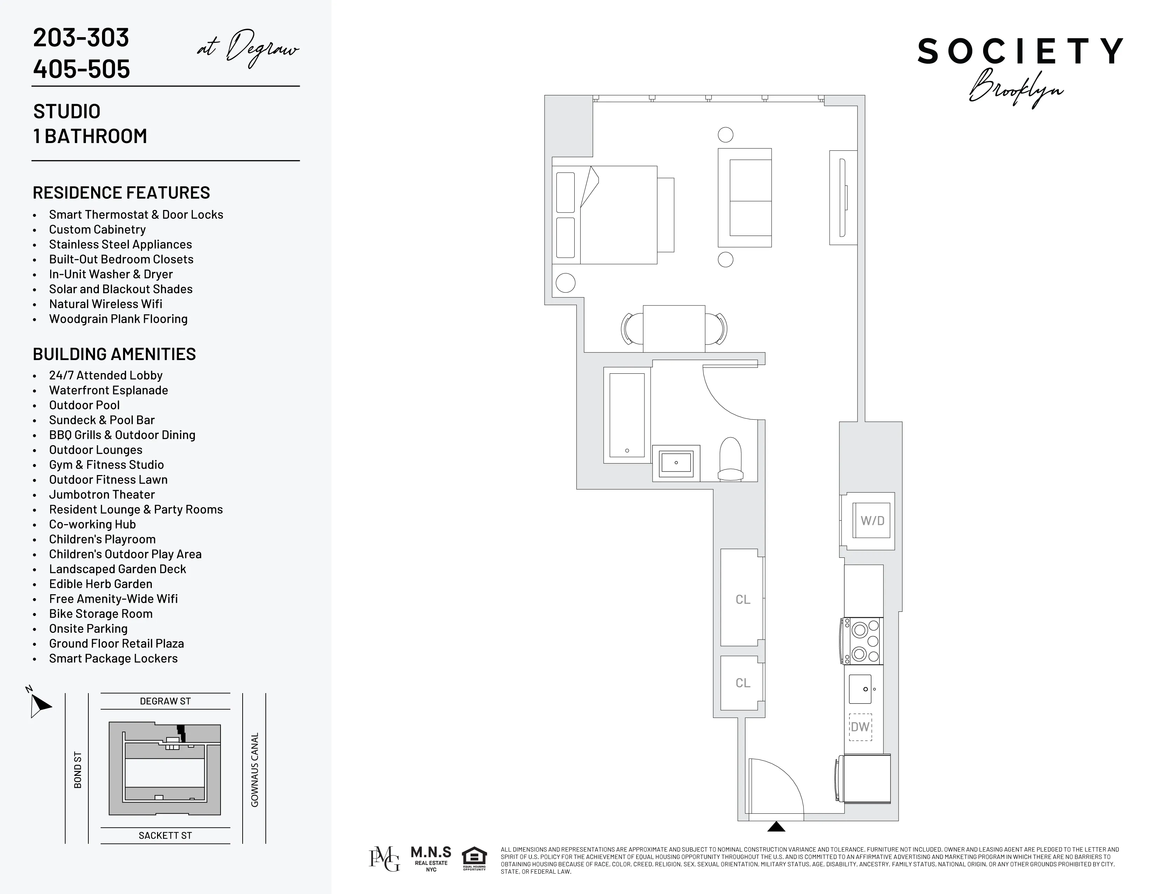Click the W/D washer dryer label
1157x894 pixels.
(x=872, y=521)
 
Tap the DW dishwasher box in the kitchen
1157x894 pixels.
(x=860, y=727)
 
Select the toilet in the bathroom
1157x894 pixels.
(x=731, y=459)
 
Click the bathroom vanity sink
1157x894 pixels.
(x=676, y=463)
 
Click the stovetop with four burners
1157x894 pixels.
(x=862, y=641)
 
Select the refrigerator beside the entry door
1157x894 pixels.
(x=866, y=779)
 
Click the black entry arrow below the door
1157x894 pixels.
(x=776, y=827)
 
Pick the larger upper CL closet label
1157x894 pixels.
(x=743, y=600)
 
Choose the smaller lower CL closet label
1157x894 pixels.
(x=743, y=683)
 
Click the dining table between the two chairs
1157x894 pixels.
(x=674, y=329)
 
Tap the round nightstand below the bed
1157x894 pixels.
(x=565, y=283)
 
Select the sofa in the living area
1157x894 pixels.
(x=745, y=197)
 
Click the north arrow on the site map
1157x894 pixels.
(x=39, y=704)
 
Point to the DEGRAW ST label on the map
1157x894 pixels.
(x=165, y=701)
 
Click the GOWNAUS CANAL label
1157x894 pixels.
(x=255, y=770)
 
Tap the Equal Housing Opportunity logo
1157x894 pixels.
(x=474, y=859)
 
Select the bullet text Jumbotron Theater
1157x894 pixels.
(x=102, y=495)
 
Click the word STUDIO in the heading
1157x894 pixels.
(x=67, y=111)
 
